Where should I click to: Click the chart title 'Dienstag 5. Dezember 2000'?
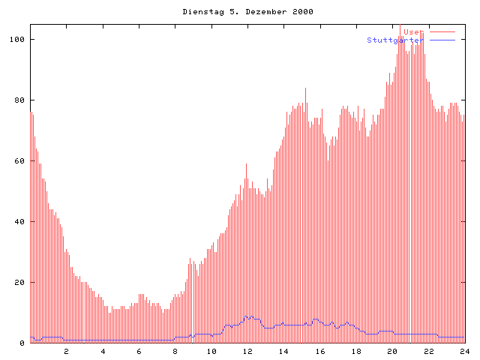point(247,12)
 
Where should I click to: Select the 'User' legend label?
point(413,32)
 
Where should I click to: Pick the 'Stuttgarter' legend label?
point(395,40)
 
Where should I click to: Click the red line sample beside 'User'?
point(442,32)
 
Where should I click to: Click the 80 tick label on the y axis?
point(20,100)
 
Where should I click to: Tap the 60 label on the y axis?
point(20,161)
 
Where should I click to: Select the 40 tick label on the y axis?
point(20,222)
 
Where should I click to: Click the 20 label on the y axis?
point(20,283)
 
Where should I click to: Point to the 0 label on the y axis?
point(22,343)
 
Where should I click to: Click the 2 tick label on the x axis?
point(66,351)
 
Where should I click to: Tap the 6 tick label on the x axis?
point(139,351)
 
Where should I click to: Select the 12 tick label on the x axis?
point(247,351)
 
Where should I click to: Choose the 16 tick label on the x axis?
point(320,351)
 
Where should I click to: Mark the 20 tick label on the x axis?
point(392,351)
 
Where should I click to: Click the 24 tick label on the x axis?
point(465,351)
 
